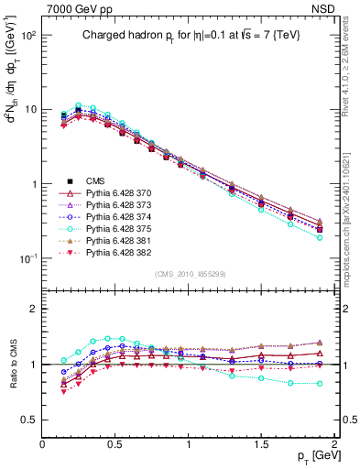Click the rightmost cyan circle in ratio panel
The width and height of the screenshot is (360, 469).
pyautogui.click(x=320, y=384)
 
